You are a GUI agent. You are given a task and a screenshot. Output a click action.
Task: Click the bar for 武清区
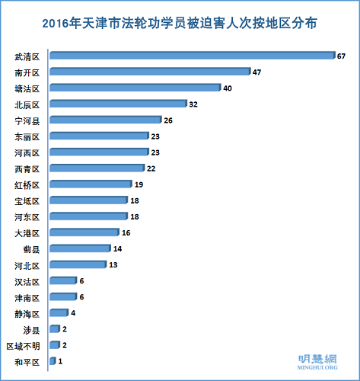pos(192,56)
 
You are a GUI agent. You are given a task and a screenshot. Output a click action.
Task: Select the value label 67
pos(342,56)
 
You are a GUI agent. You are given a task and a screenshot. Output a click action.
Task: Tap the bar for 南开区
pos(150,72)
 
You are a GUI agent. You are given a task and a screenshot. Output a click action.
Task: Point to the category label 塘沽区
pos(28,88)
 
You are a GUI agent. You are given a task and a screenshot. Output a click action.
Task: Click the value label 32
pos(193,104)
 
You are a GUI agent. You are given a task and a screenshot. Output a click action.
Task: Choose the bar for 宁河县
pos(105,120)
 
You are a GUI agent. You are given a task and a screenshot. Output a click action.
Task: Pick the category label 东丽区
pos(28,136)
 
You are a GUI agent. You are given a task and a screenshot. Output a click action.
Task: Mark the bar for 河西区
pos(99,152)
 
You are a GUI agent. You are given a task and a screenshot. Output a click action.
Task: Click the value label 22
pos(151,168)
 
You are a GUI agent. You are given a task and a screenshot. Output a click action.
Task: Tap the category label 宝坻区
pos(28,200)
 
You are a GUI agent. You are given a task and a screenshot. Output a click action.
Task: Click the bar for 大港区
pos(84,232)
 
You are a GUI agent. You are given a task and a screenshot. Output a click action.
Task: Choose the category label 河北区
pos(28,264)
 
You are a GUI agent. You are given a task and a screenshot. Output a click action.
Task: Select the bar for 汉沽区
pos(62,280)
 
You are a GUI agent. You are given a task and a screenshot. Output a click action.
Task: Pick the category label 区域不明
pos(23,345)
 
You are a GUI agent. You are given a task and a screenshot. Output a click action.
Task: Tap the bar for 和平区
pos(53,360)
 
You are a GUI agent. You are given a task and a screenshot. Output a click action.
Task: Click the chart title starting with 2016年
pos(180,24)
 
